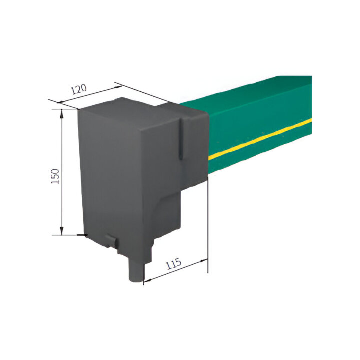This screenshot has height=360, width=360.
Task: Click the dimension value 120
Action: [79, 89]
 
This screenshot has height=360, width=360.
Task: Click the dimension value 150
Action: [55, 176]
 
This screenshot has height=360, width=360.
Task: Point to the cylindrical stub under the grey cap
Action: [136, 271]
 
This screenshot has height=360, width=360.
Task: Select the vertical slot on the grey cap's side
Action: [181, 139]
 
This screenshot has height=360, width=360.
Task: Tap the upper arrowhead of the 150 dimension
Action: [61, 114]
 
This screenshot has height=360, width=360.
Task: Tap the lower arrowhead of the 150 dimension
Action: [61, 231]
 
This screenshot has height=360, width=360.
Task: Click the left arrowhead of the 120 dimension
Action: [61, 102]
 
